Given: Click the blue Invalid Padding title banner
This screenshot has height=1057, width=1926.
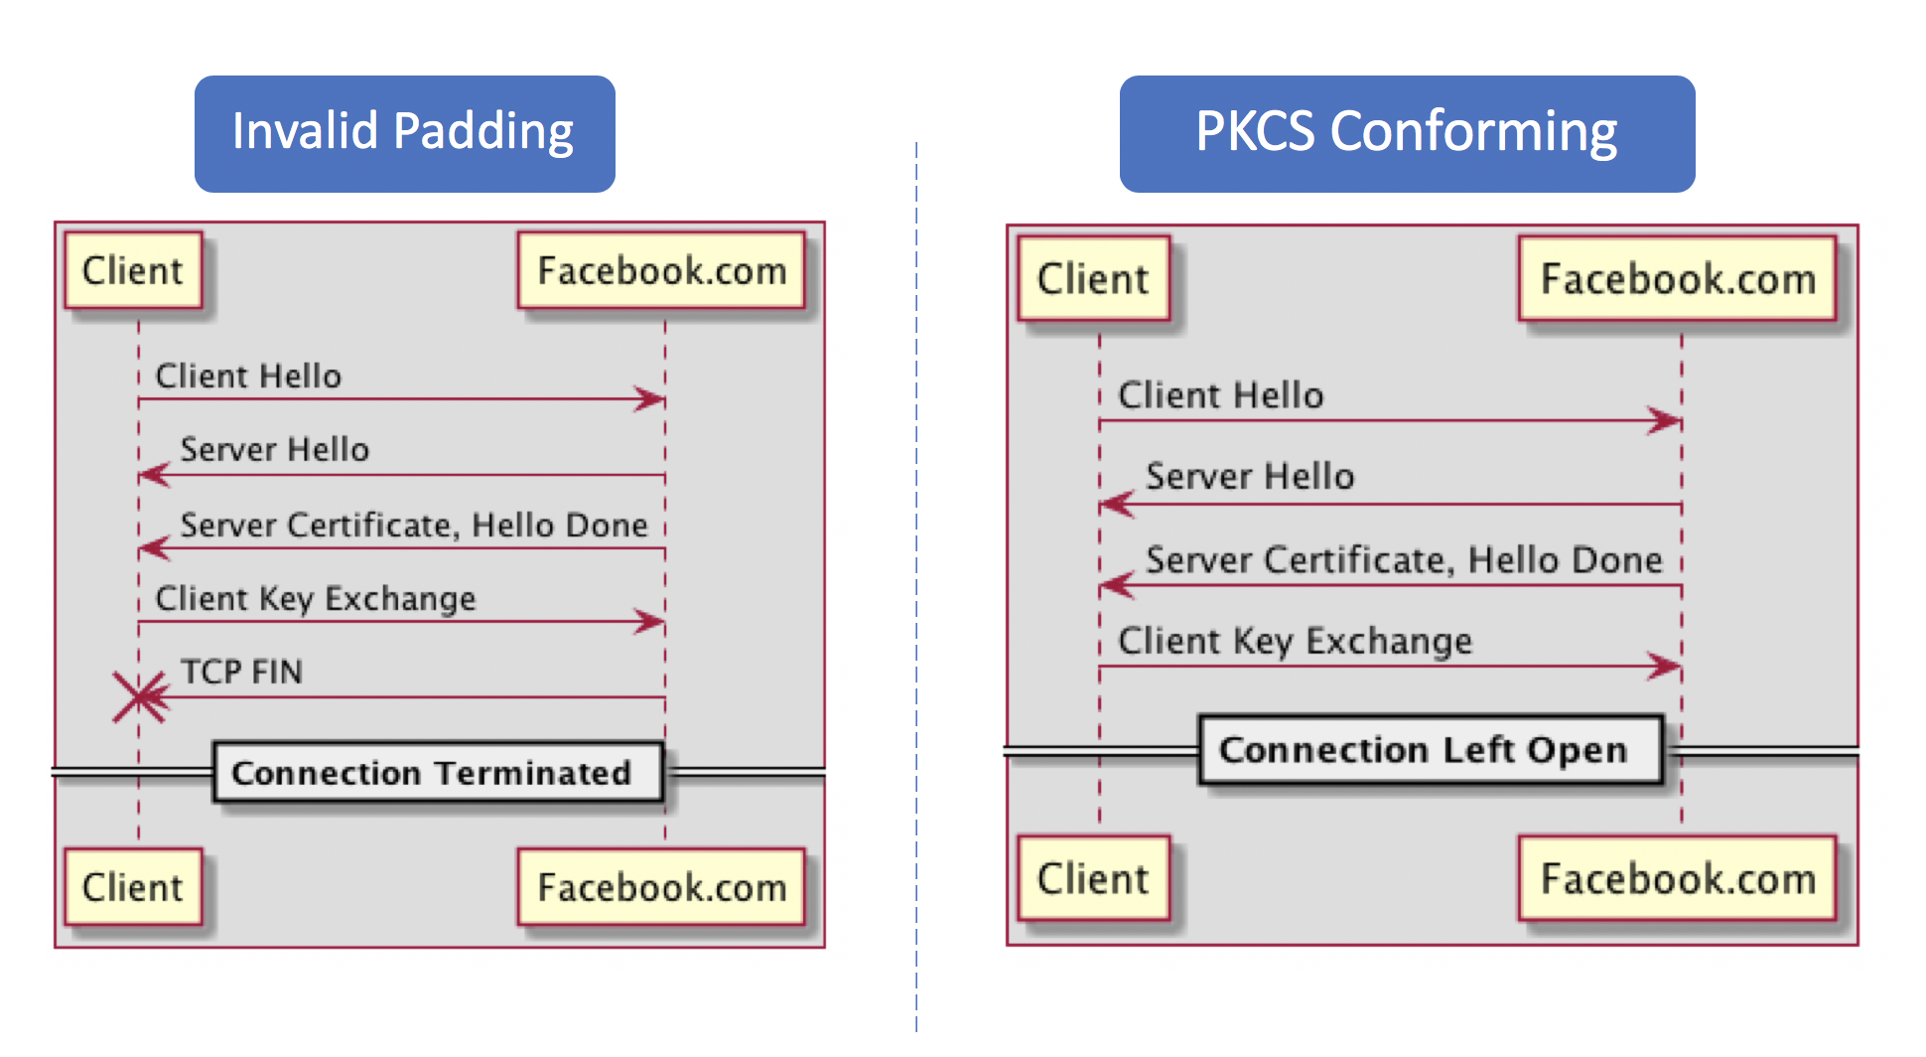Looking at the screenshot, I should click(404, 133).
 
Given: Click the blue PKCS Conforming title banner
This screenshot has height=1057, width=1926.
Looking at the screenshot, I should click(1406, 133).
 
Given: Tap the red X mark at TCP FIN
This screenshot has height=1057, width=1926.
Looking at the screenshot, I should click(139, 696).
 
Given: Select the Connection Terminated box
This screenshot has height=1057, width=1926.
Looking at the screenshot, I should click(437, 772).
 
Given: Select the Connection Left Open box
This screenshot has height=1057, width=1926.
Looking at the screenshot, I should click(1430, 750).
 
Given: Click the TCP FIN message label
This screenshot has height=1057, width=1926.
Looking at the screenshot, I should click(241, 672).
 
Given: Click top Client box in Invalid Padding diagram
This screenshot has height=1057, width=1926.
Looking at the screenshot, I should click(133, 270).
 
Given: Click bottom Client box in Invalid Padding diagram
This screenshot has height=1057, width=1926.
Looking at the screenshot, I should click(133, 886).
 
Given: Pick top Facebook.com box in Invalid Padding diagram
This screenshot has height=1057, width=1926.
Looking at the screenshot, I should click(661, 270).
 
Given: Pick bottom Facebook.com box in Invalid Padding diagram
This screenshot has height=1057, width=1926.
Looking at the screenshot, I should click(661, 886).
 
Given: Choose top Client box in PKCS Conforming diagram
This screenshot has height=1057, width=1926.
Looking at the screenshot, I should click(1093, 278).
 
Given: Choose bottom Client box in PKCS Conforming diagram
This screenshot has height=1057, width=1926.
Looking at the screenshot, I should click(1093, 878).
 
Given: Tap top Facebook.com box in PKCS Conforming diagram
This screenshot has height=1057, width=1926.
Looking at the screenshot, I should click(1678, 278).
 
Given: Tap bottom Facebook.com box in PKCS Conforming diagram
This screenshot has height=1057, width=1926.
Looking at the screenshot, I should click(1678, 878).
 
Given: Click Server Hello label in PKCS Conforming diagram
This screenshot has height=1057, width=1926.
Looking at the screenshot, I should click(1250, 477).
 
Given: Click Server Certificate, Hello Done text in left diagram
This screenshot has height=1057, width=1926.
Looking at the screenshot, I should click(413, 525).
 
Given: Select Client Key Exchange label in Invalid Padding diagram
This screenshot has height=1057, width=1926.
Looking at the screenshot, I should click(316, 598).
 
